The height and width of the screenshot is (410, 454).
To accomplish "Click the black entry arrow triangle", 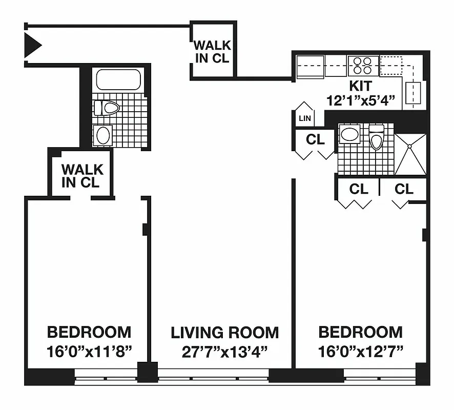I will (32, 45).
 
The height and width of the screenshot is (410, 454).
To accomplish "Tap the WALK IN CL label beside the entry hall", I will (212, 51).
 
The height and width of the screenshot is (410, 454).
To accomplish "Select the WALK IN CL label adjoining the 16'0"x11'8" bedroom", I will (82, 176).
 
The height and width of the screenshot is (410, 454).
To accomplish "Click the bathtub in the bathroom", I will (118, 80).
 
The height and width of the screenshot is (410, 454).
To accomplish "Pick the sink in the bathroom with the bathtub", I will (103, 136).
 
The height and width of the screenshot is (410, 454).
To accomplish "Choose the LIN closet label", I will (304, 118).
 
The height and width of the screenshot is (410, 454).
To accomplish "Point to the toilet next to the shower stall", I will (376, 137).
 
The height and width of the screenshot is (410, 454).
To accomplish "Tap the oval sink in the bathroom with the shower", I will (350, 135).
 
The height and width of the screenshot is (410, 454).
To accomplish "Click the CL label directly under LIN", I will (315, 139).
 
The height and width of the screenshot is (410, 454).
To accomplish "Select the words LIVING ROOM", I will (225, 333).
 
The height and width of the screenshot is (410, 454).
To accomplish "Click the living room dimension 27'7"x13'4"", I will (225, 352).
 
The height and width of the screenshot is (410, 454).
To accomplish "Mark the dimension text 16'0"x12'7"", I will (360, 352).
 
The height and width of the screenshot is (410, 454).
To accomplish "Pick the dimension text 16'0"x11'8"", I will (89, 352).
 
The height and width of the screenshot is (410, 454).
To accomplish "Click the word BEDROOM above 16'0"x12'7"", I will (360, 333).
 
